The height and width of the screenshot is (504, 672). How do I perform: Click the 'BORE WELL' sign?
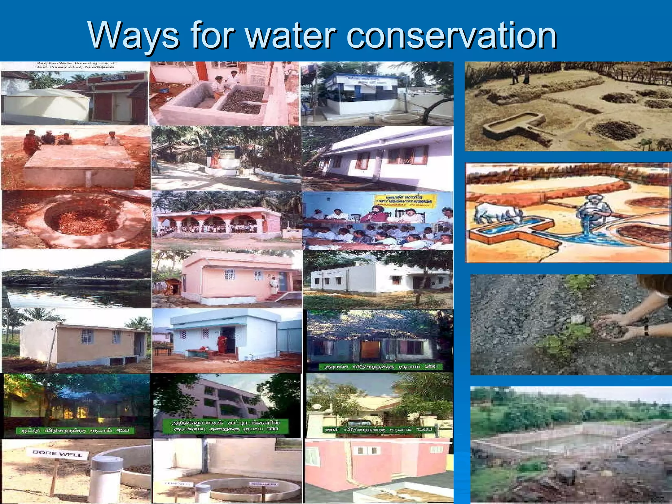61,454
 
